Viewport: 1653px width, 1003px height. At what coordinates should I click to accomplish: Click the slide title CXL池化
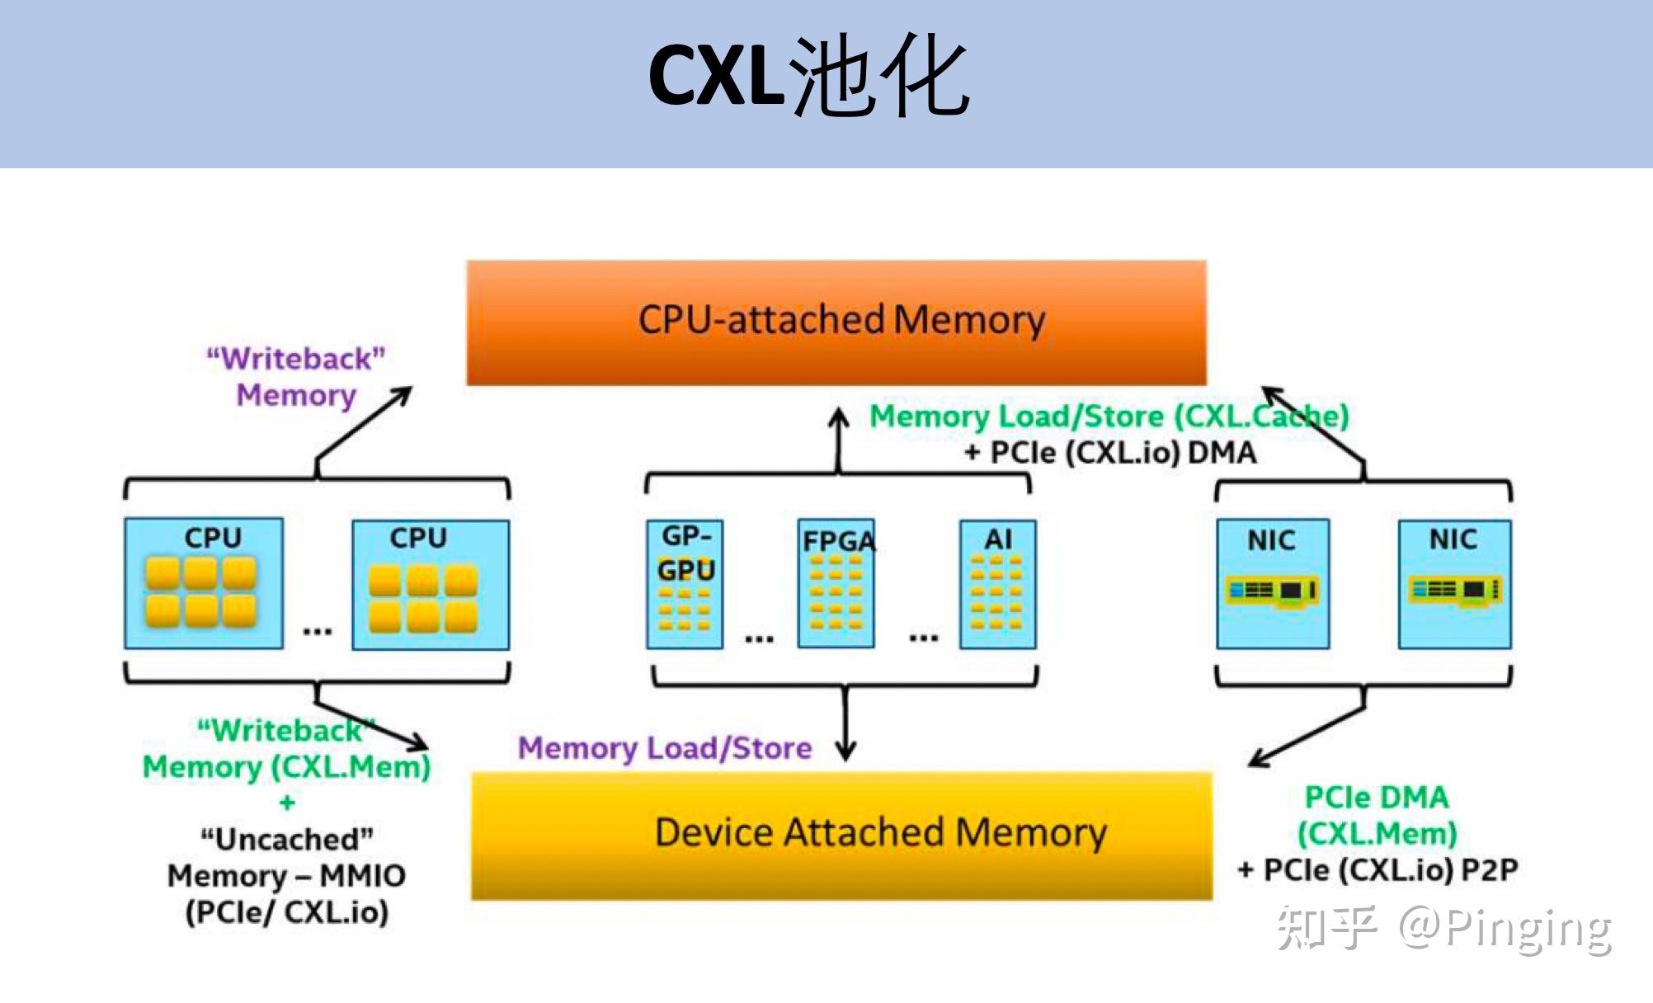coord(808,76)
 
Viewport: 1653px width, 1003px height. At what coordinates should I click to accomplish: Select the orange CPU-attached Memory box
coord(836,322)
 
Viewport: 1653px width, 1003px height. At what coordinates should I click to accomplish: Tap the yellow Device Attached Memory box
coord(841,835)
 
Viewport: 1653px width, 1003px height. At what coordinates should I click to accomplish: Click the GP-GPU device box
coord(685,584)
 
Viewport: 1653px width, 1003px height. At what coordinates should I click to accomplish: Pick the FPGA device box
coord(836,584)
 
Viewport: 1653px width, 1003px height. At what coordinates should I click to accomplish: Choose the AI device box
coord(997,584)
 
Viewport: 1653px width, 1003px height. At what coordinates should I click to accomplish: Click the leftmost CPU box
coord(204,582)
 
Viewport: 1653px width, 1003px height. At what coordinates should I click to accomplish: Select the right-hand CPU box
coord(430,584)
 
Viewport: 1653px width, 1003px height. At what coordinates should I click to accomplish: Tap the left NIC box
coord(1272,583)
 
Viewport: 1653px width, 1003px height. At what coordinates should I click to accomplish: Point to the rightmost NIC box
coord(1454,583)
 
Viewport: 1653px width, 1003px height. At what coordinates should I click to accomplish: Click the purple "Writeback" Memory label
coord(296,377)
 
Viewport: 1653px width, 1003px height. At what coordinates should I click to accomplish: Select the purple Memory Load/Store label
coord(665,748)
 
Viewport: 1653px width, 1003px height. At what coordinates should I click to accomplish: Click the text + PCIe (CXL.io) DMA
coord(1110,453)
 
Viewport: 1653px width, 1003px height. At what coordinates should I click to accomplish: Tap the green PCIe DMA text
coord(1376,798)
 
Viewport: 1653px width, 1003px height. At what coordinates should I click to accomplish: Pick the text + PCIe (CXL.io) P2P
coord(1377,870)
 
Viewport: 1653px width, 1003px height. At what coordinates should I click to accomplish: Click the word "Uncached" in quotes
coord(287,840)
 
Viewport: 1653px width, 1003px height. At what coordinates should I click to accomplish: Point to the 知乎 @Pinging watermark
coord(1443,928)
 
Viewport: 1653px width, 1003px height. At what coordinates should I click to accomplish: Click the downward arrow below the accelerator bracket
coord(845,726)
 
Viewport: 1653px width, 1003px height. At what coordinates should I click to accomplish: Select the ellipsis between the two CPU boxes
coord(317,632)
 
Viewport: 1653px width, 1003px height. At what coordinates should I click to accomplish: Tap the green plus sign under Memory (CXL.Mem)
coord(287,802)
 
